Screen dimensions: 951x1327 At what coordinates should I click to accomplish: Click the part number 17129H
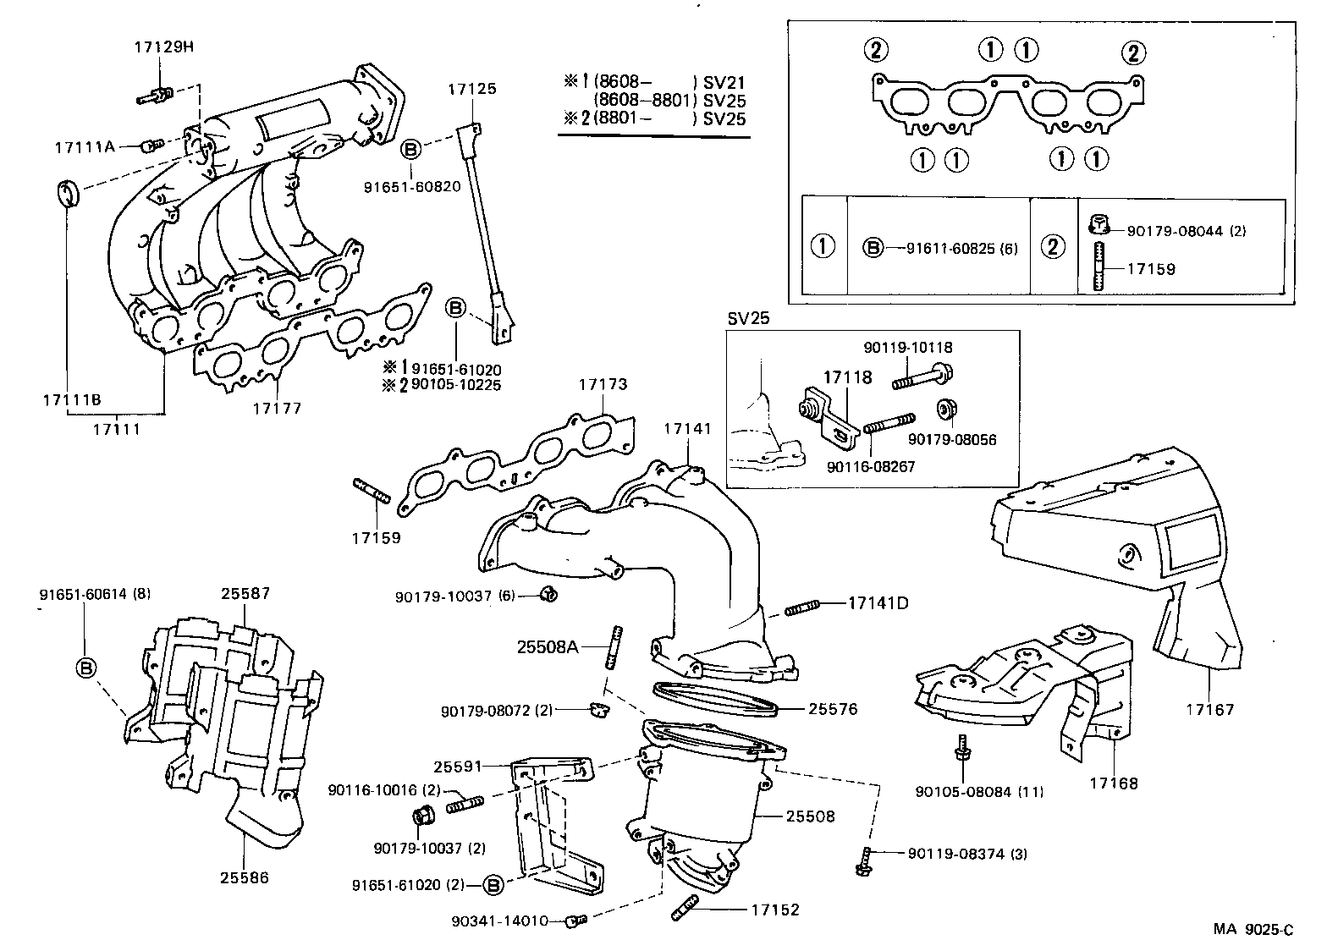(163, 47)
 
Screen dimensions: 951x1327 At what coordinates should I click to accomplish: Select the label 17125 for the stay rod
(472, 89)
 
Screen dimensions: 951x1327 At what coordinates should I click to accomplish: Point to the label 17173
(603, 384)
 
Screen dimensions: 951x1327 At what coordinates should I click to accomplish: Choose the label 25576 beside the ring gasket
(833, 709)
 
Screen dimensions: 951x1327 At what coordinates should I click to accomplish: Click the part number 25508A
(548, 647)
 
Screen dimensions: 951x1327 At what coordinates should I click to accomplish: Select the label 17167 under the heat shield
(1209, 709)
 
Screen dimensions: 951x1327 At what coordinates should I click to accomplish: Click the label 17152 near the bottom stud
(774, 910)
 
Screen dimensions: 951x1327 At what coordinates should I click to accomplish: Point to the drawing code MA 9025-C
(1253, 930)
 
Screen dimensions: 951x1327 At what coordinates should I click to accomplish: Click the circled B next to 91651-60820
(410, 150)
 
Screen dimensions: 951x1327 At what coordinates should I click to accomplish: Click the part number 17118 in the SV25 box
(847, 377)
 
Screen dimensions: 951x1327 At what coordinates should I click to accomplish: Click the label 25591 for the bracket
(458, 767)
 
